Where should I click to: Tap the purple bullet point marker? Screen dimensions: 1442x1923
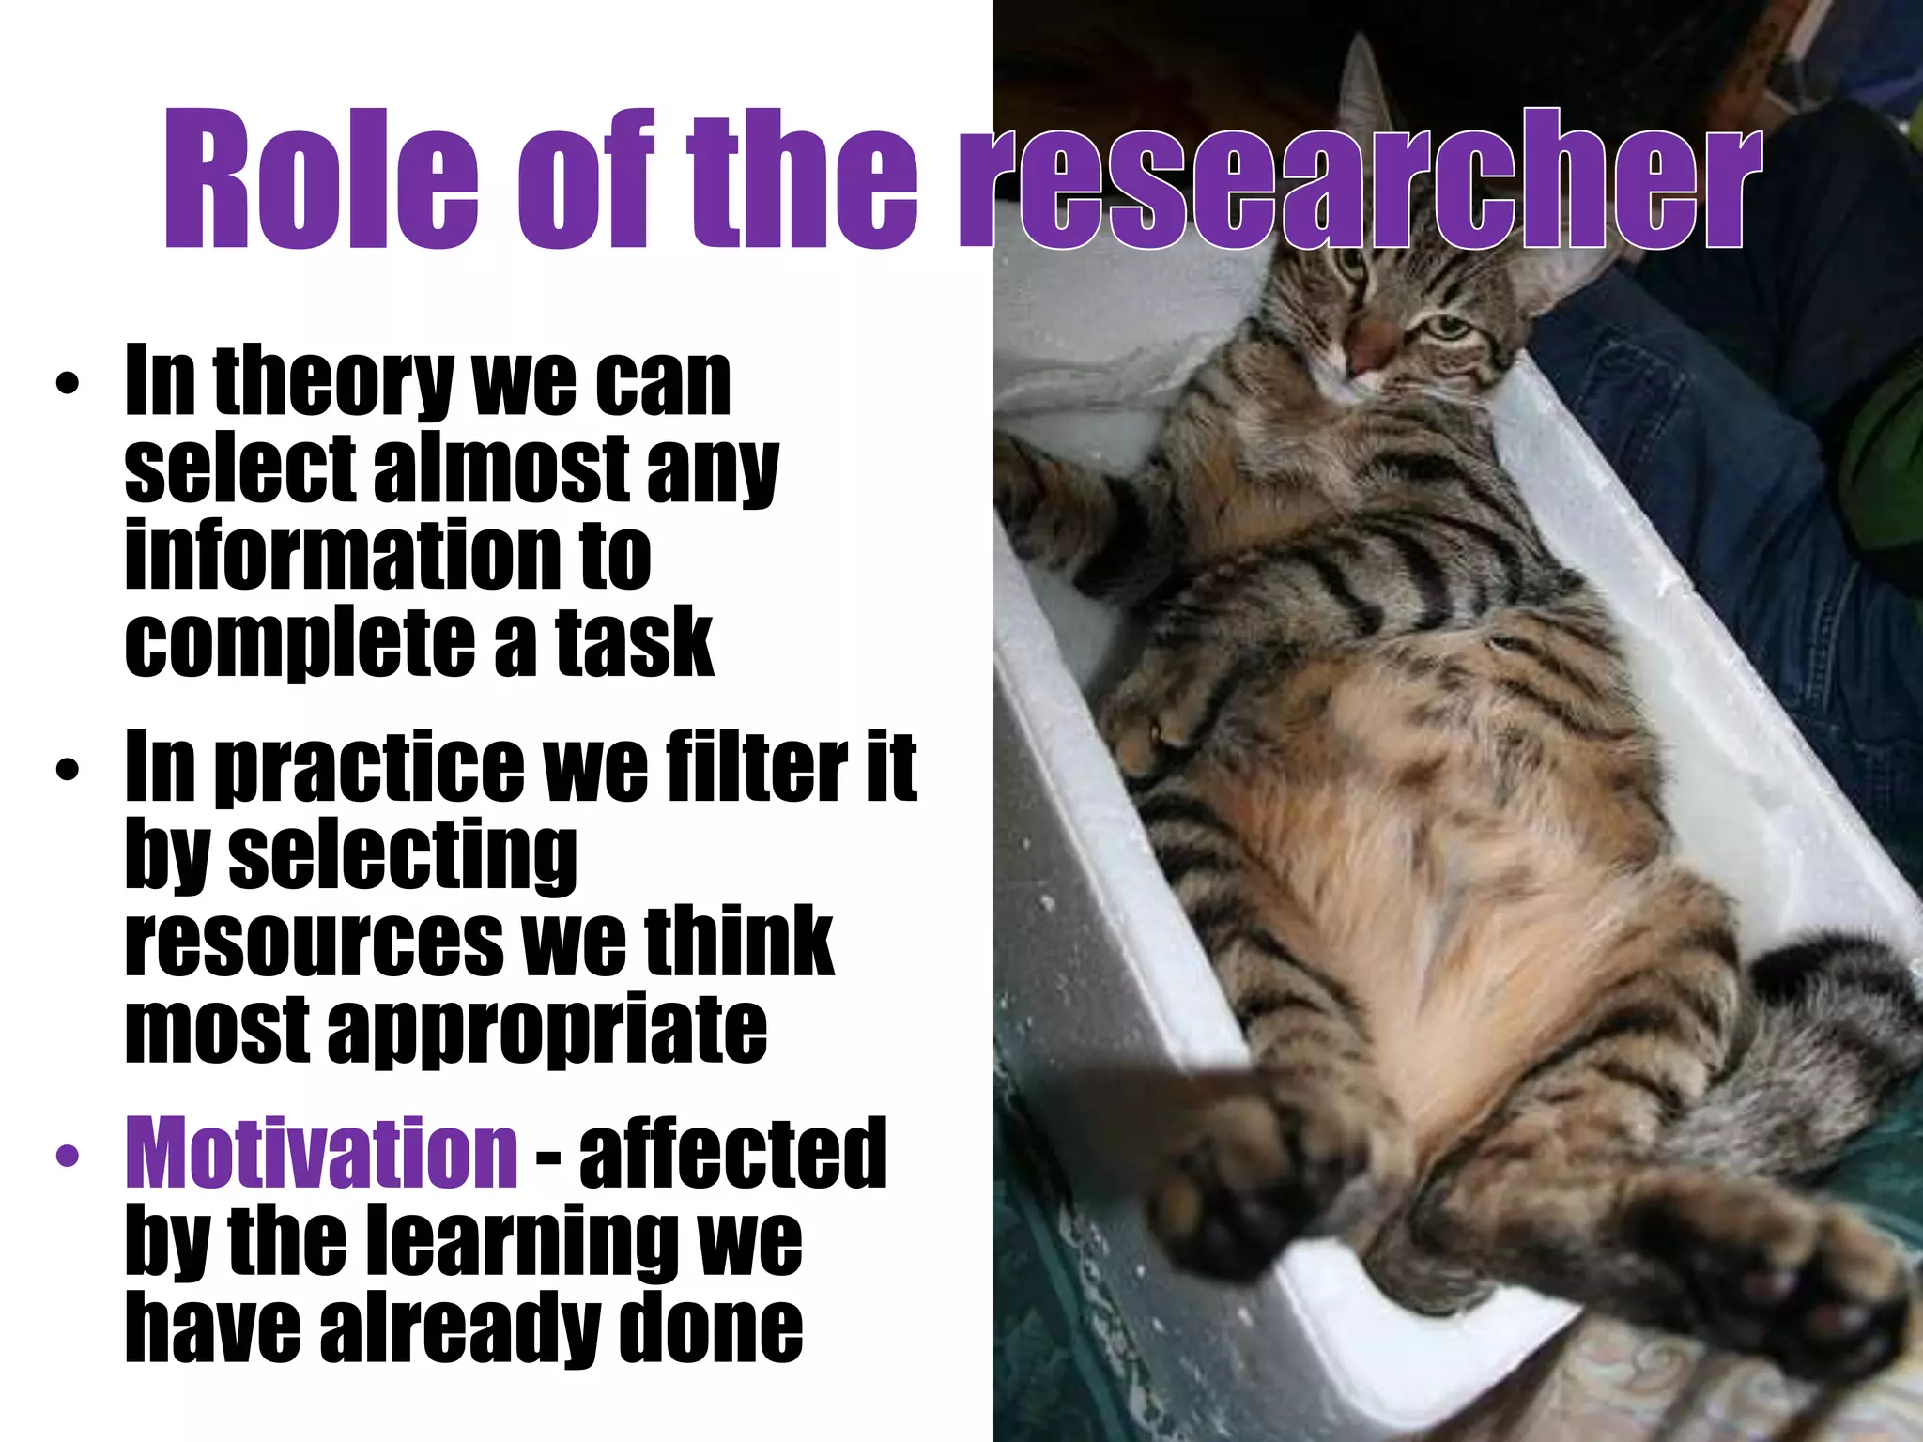point(69,1156)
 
